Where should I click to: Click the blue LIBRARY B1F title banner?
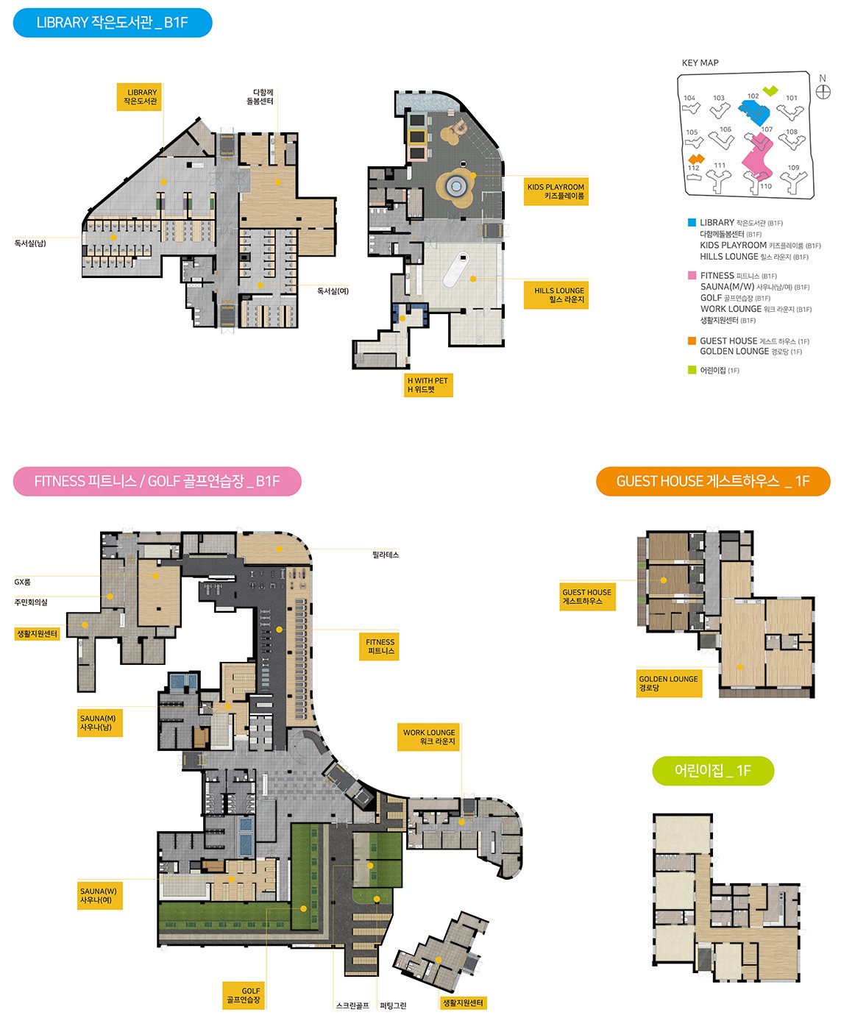(x=113, y=23)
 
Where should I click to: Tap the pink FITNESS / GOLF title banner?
(x=157, y=481)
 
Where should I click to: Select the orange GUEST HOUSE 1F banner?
(x=713, y=481)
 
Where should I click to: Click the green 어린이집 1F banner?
(x=713, y=770)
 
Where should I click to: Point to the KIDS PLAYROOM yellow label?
(x=556, y=191)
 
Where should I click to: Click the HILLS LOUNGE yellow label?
(x=556, y=295)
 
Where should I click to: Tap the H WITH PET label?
(x=428, y=385)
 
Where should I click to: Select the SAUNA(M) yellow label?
(x=99, y=722)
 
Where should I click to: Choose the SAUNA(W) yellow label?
(x=99, y=895)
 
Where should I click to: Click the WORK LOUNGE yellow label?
(x=428, y=737)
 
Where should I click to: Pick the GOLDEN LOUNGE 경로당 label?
(x=669, y=683)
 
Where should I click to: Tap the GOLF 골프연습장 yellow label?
(x=244, y=995)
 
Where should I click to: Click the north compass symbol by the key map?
(x=823, y=91)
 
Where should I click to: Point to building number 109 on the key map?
(x=793, y=168)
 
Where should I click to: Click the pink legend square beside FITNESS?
(x=692, y=276)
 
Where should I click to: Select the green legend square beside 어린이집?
(x=692, y=370)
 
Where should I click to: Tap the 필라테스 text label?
(x=386, y=555)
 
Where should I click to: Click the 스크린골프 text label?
(x=352, y=1005)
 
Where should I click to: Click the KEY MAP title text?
(x=700, y=63)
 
